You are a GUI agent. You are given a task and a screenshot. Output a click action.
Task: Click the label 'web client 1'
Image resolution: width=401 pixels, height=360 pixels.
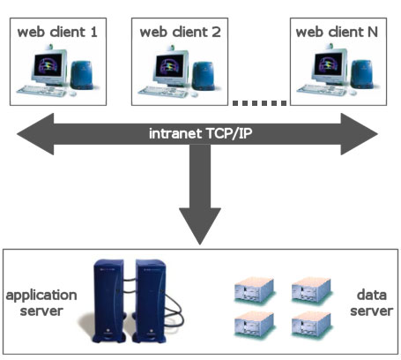pyautogui.click(x=57, y=32)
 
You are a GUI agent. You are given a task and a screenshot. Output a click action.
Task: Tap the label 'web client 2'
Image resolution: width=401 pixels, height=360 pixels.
pyautogui.click(x=180, y=32)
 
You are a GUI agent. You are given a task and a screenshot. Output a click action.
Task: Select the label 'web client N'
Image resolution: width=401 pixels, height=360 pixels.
pyautogui.click(x=337, y=32)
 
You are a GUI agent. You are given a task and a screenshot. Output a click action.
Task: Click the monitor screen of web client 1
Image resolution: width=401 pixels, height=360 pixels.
pyautogui.click(x=48, y=65)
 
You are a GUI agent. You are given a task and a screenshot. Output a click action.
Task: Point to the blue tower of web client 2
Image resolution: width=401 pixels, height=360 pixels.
pyautogui.click(x=203, y=76)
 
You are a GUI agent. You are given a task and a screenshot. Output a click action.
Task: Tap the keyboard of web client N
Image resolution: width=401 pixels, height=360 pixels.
pyautogui.click(x=322, y=90)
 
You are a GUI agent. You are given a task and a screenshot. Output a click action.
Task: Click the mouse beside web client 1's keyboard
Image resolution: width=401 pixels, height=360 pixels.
pyautogui.click(x=72, y=94)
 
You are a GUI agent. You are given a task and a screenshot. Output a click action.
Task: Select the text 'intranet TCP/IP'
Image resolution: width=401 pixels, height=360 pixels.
pyautogui.click(x=200, y=133)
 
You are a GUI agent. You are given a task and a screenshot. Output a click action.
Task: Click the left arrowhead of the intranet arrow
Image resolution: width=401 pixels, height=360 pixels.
pyautogui.click(x=35, y=134)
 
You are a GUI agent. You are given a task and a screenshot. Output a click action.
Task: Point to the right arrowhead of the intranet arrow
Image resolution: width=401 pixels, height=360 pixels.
pyautogui.click(x=359, y=134)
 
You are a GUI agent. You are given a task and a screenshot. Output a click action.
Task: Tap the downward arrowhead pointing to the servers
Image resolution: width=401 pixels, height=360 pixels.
pyautogui.click(x=200, y=226)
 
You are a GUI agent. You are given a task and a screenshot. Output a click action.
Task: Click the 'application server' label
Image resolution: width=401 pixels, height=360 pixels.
pyautogui.click(x=41, y=303)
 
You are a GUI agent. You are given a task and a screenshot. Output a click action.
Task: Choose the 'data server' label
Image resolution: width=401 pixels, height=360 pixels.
pyautogui.click(x=372, y=303)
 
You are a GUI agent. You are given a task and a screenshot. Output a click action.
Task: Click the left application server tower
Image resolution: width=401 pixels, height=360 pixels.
pyautogui.click(x=108, y=301)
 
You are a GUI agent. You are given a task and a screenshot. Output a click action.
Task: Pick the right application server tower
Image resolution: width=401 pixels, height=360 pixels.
pyautogui.click(x=150, y=301)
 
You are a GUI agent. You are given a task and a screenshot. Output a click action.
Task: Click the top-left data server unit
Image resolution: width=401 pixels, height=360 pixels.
pyautogui.click(x=255, y=289)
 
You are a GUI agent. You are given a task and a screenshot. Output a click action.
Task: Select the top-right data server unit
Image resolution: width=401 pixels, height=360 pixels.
pyautogui.click(x=311, y=289)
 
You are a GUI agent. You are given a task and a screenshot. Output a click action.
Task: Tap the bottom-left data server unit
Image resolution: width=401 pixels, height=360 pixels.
pyautogui.click(x=255, y=325)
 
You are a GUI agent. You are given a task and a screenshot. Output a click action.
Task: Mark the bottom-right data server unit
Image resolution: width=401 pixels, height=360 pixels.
pyautogui.click(x=311, y=325)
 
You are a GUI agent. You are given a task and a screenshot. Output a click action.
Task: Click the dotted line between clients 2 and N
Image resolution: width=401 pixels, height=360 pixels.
pyautogui.click(x=260, y=103)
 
